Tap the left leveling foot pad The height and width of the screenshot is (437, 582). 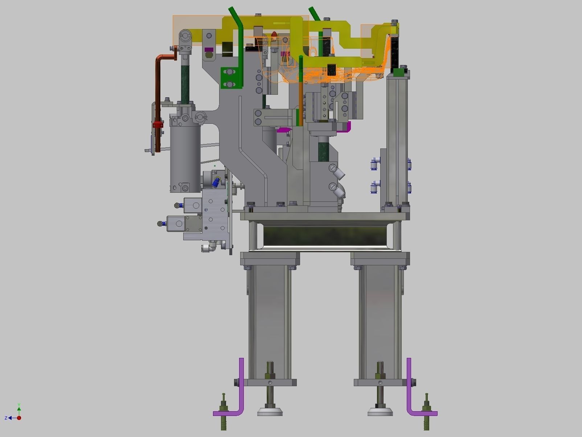coord(270,412)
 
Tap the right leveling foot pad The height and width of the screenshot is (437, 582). coord(380,412)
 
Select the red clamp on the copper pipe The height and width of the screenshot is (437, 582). coord(157,125)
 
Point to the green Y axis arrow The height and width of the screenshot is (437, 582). coord(19,408)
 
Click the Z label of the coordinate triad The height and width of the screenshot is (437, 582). coord(6,418)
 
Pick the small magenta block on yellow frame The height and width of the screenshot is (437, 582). coord(208,49)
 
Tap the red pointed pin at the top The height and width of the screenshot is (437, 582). coord(275,35)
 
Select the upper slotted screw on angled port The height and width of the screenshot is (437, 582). coord(333,167)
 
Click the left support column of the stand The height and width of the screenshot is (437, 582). coord(269,319)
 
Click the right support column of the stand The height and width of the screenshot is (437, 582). coord(380,319)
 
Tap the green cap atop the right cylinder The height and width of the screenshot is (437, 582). coord(399,72)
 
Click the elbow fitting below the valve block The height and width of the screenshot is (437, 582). coord(209,248)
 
